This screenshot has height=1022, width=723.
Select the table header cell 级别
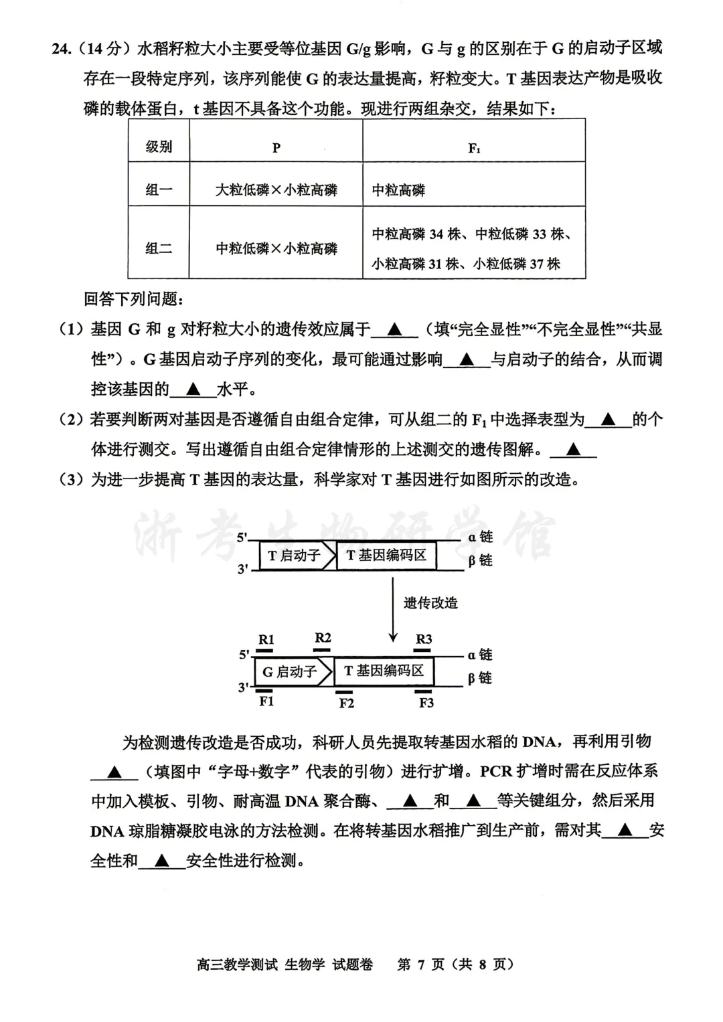[x=159, y=147]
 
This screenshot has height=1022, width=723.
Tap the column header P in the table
[x=276, y=148]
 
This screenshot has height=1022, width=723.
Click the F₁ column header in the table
[x=474, y=148]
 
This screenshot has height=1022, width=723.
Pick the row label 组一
[x=159, y=190]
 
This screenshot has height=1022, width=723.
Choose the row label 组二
[x=159, y=248]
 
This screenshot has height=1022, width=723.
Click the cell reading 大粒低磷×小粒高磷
[x=276, y=190]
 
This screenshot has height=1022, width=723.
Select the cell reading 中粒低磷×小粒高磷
[x=276, y=248]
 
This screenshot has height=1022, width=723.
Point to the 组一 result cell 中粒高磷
[x=399, y=190]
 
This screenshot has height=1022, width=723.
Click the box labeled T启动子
[x=295, y=556]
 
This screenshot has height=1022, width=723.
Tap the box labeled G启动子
[x=290, y=671]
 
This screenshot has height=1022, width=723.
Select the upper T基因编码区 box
[x=386, y=556]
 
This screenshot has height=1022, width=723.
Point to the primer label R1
[x=266, y=639]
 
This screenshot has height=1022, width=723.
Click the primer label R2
[x=323, y=637]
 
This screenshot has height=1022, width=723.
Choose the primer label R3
[x=424, y=638]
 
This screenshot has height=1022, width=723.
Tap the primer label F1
[x=266, y=701]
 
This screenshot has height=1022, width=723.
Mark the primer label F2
[x=346, y=703]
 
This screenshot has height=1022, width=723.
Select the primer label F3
[x=426, y=702]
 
